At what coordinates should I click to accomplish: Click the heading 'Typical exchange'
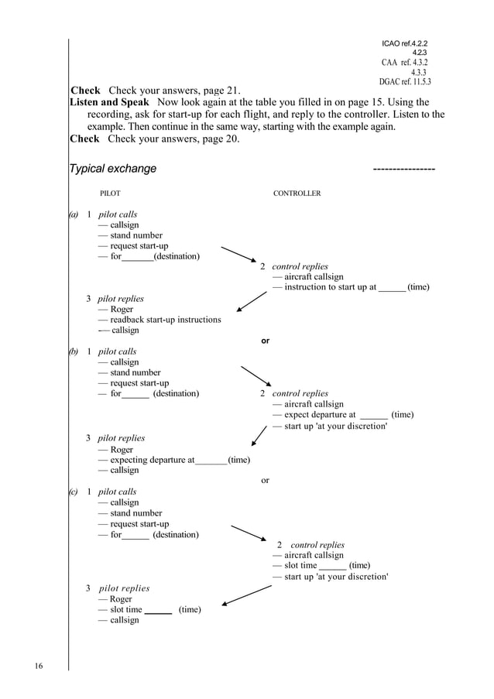tap(112, 169)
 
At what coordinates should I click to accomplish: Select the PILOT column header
tap(110, 194)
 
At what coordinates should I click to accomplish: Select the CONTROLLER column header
tap(297, 194)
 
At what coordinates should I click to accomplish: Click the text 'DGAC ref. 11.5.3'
tap(405, 81)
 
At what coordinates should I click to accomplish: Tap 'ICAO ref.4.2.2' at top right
tap(404, 43)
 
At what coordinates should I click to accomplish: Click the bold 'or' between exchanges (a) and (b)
tap(266, 341)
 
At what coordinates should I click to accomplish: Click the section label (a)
tap(73, 214)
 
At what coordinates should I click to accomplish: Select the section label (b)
tap(73, 351)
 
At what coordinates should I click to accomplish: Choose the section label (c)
tap(73, 492)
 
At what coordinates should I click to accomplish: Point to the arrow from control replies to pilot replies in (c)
tap(245, 595)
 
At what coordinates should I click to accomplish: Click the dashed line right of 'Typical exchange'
tap(403, 170)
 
